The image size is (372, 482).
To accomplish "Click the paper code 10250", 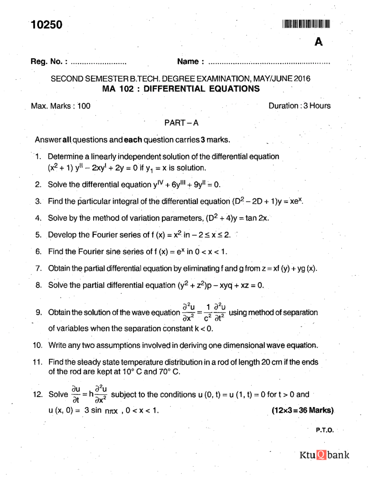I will (x=46, y=25).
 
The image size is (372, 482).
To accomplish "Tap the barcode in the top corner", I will (x=306, y=24).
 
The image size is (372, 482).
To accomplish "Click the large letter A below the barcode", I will (x=318, y=42).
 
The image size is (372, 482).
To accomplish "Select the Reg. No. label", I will (x=49, y=61).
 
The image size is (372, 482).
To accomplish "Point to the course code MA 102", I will (x=118, y=89).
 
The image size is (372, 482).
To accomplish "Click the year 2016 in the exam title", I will (x=302, y=79).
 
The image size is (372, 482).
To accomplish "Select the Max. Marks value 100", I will (x=84, y=106).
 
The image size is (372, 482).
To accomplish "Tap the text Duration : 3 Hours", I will (x=299, y=106).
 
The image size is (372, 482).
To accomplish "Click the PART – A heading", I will (x=181, y=123).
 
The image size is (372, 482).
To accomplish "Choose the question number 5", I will (x=38, y=235).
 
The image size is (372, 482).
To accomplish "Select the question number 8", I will (x=38, y=285).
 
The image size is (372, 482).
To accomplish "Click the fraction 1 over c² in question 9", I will (x=208, y=312).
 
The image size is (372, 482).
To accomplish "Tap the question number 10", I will (x=38, y=345).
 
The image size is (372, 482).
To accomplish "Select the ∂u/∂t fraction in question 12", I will (x=76, y=394).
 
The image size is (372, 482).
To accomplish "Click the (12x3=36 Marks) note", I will (x=303, y=410).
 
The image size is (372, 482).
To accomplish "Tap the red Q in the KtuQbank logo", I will (x=321, y=455).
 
